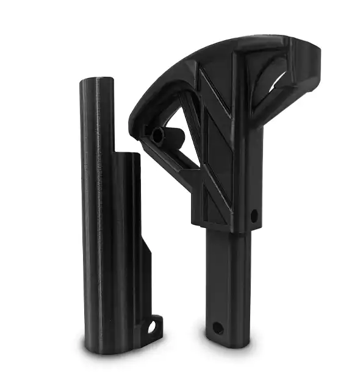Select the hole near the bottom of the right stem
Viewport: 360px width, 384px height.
(x=217, y=328)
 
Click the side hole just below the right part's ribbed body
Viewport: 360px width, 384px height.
(x=254, y=215)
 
